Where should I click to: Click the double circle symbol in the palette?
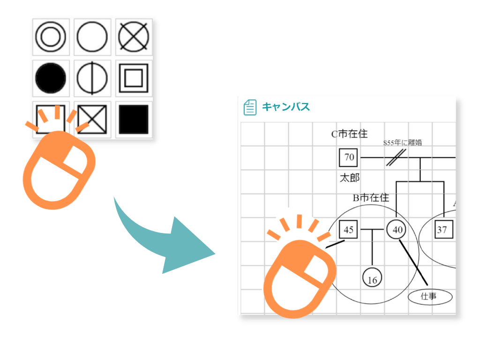[x=50, y=37]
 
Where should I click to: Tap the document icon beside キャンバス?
[x=250, y=107]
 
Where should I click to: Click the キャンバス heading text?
[x=285, y=107]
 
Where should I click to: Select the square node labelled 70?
[x=349, y=157]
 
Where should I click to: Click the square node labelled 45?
[x=348, y=230]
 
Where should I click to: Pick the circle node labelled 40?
[x=397, y=230]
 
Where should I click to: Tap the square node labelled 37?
[x=442, y=230]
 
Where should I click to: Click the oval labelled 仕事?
[x=430, y=296]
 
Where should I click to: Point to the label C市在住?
[x=349, y=135]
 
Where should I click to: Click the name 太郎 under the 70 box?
[x=349, y=178]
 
